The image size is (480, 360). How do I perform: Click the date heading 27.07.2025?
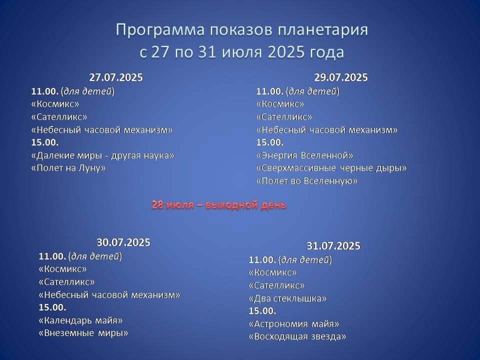tap(116, 77)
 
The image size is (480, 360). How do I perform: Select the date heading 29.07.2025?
tap(341, 77)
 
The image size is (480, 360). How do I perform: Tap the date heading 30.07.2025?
tap(123, 242)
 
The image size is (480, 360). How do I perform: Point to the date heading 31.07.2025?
tap(333, 246)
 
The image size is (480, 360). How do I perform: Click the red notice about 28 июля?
tap(219, 205)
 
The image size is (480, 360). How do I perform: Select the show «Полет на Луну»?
tap(68, 168)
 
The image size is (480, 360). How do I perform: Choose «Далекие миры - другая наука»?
tap(102, 155)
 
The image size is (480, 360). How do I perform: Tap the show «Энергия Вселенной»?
tap(304, 155)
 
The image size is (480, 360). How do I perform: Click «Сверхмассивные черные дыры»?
tap(331, 168)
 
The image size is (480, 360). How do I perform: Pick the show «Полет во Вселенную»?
tap(306, 181)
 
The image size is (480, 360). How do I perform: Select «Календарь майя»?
tap(80, 320)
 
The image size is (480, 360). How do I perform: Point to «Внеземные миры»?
tap(83, 333)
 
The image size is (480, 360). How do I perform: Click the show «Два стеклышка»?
tap(288, 298)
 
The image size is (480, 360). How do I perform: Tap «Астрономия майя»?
tap(294, 324)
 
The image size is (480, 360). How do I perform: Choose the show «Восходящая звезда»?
tap(297, 336)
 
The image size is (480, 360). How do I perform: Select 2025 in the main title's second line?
tap(286, 51)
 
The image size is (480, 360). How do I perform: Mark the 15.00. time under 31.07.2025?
tap(262, 311)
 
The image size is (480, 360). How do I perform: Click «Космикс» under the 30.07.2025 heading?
tap(63, 269)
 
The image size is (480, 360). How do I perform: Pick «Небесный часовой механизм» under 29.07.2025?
tap(327, 130)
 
